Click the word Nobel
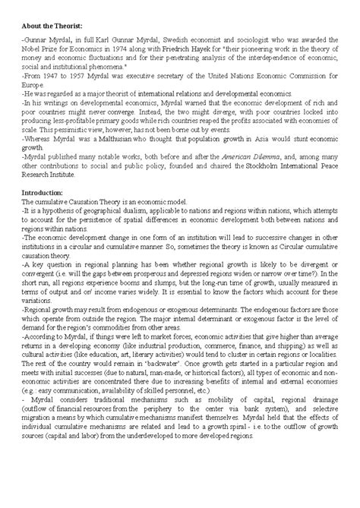pyautogui.click(x=33, y=47)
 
